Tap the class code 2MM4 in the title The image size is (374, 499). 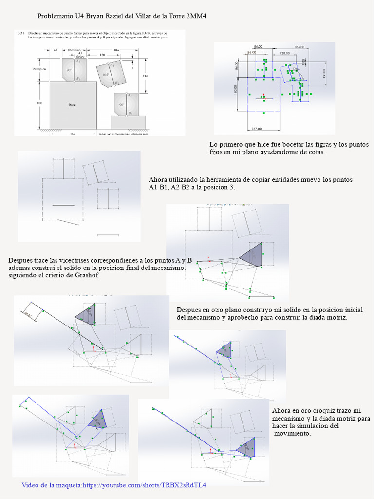pos(194,17)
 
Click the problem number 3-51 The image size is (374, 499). pos(21,33)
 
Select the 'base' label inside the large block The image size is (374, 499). pos(73,104)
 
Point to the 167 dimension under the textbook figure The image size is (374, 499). pos(72,134)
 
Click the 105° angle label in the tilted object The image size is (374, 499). pos(106,75)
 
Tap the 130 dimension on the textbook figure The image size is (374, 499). pos(145,76)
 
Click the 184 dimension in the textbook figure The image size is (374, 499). pos(116,50)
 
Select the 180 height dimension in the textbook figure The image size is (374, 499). pos(40,103)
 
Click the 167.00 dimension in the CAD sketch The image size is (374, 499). pos(257,129)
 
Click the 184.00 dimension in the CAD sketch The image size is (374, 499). pos(300,47)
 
